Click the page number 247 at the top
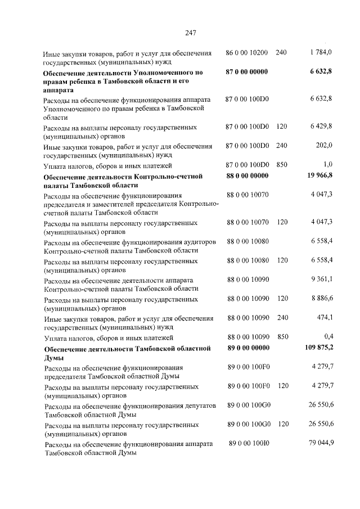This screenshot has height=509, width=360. [190, 33]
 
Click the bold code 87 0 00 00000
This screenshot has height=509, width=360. [247, 72]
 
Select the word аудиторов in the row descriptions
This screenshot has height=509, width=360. [197, 241]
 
